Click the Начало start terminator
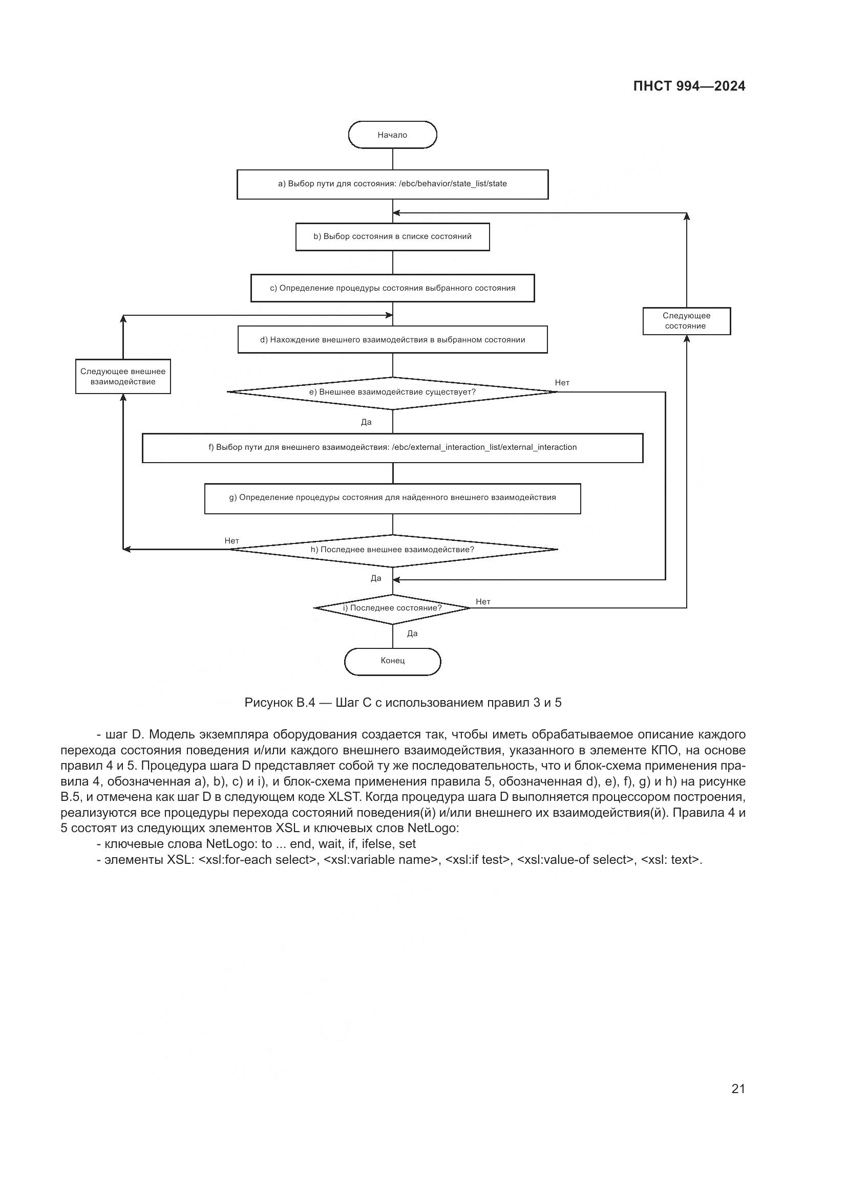click(392, 135)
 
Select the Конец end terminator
click(392, 661)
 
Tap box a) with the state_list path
click(392, 184)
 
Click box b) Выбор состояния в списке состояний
click(392, 237)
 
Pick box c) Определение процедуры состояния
click(392, 288)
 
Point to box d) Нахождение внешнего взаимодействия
click(392, 340)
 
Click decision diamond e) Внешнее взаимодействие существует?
click(392, 393)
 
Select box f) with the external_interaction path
click(392, 448)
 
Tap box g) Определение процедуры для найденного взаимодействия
click(392, 498)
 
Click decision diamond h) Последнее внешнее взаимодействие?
click(392, 550)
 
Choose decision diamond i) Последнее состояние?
click(392, 608)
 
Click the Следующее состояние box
click(686, 321)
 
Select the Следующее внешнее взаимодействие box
click(122, 377)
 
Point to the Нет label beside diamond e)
click(562, 383)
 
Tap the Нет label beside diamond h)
click(231, 541)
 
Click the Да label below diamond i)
click(412, 634)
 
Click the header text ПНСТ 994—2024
click(688, 86)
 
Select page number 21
click(738, 1089)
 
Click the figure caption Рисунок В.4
click(403, 703)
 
